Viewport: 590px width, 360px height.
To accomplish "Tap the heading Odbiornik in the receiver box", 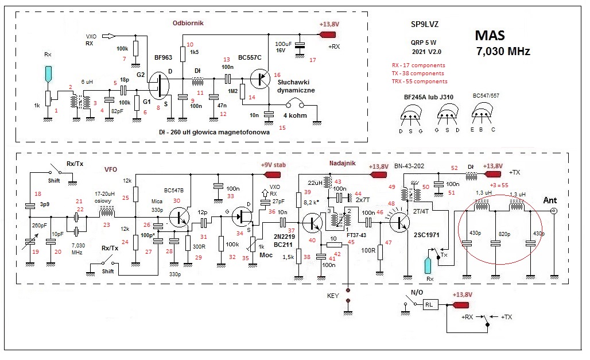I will [188, 24].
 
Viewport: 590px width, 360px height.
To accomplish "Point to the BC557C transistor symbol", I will [262, 78].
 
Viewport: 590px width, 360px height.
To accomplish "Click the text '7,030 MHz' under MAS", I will [503, 52].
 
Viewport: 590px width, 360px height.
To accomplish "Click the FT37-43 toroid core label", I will [356, 235].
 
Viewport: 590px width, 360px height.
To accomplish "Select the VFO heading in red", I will [111, 169].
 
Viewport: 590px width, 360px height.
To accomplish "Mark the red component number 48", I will [393, 203].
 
